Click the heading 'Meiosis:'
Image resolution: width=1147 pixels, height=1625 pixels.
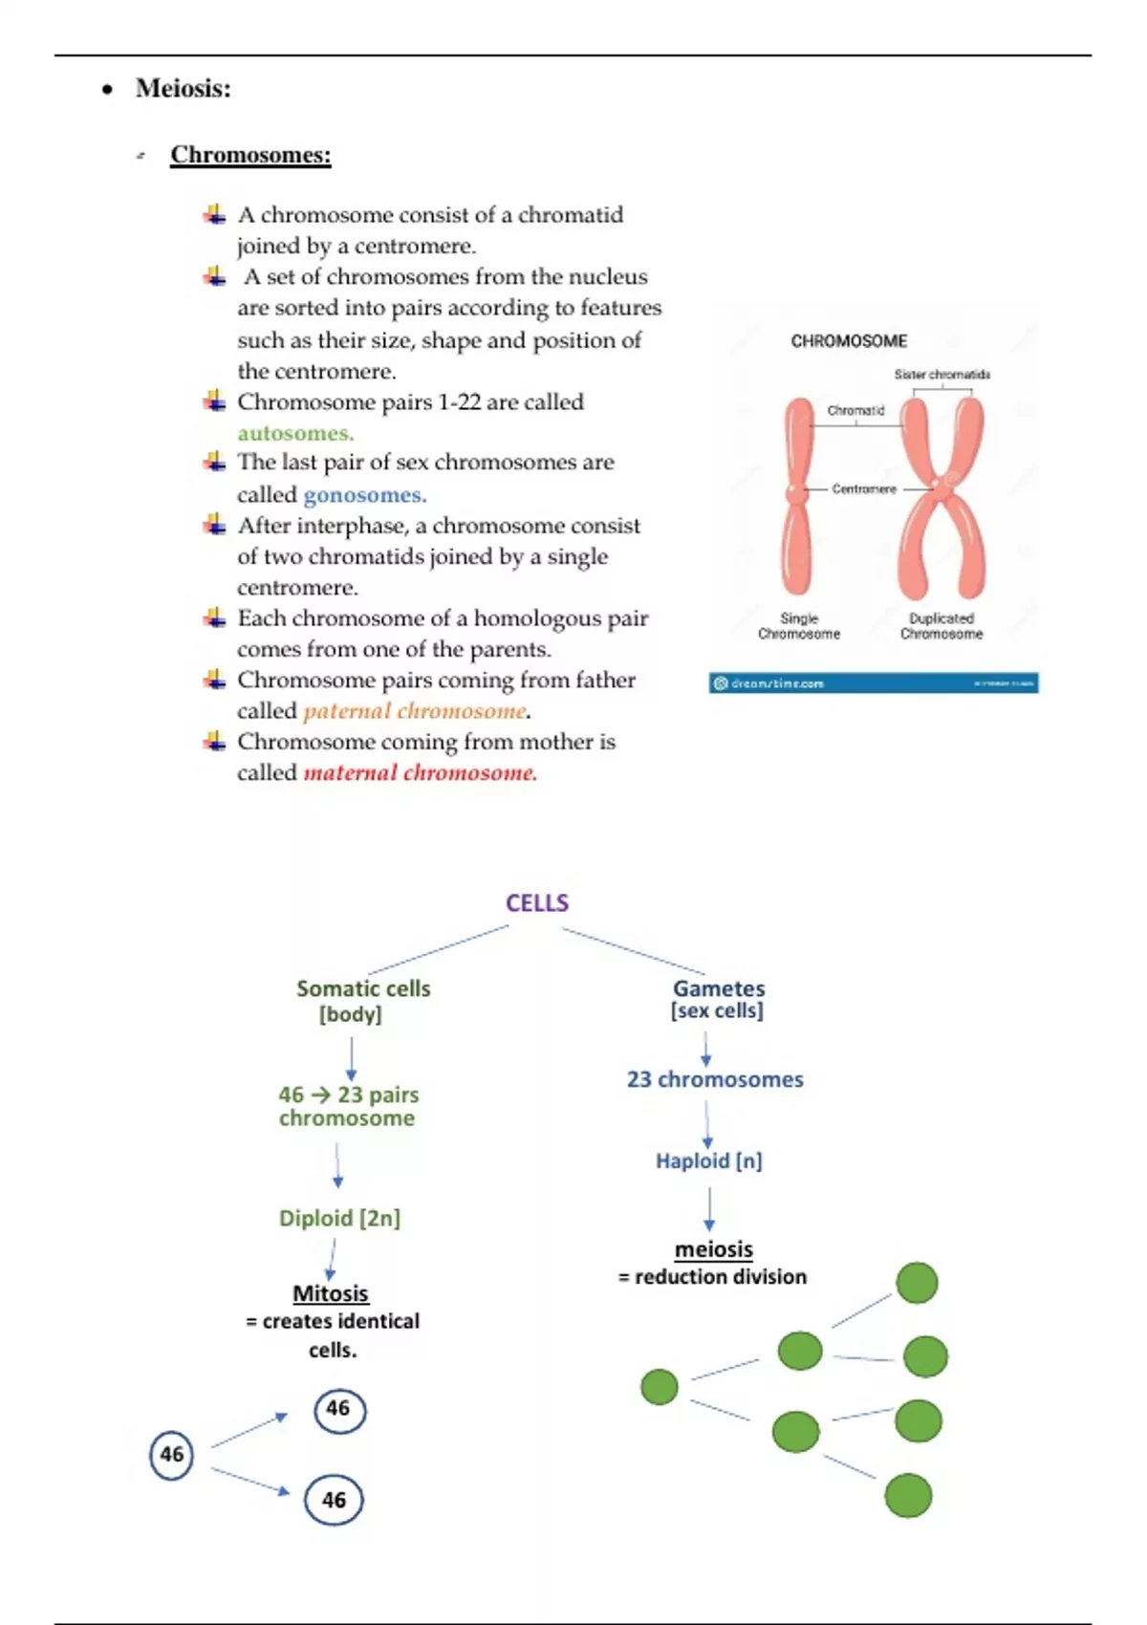click(x=183, y=89)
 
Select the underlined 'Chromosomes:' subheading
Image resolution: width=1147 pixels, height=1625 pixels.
click(x=250, y=155)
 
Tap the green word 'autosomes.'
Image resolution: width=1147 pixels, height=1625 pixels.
click(x=295, y=433)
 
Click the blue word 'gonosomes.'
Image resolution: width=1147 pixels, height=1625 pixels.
click(x=364, y=495)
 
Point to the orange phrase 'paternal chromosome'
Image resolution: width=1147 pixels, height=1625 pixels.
click(x=415, y=711)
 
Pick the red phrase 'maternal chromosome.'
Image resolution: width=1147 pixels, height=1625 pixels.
click(x=420, y=772)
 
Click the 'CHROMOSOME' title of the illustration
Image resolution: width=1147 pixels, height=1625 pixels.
click(x=849, y=341)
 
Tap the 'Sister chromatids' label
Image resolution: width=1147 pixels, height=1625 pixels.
click(x=941, y=375)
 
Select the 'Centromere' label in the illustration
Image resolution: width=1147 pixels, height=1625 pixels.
click(x=864, y=489)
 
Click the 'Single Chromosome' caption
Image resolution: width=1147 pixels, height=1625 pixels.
click(x=799, y=626)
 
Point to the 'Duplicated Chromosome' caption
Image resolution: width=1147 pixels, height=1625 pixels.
click(x=941, y=626)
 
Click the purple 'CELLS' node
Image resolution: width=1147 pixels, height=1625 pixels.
click(x=537, y=903)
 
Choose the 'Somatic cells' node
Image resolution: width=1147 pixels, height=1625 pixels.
click(x=363, y=989)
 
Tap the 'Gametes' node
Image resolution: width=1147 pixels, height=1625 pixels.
click(x=719, y=989)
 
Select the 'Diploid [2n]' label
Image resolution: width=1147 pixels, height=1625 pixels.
click(x=339, y=1218)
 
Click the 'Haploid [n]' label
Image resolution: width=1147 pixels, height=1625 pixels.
click(x=708, y=1160)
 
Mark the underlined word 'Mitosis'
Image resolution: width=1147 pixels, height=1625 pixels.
click(x=331, y=1293)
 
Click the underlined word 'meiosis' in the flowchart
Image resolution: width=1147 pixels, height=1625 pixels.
click(x=714, y=1249)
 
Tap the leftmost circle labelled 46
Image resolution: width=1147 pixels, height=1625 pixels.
click(x=172, y=1455)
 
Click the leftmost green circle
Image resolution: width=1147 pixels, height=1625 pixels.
click(x=660, y=1387)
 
